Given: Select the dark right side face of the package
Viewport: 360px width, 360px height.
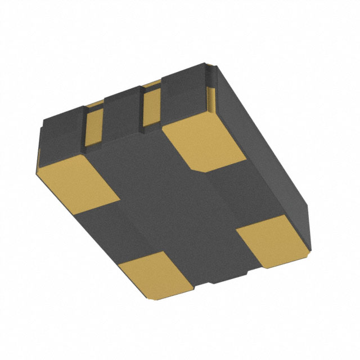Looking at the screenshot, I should point(264,146).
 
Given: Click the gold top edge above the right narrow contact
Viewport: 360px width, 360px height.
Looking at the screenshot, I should point(151,85).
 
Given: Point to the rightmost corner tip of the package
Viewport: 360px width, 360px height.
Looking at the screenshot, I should point(310,247).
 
